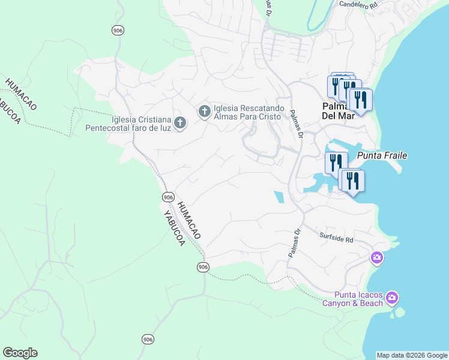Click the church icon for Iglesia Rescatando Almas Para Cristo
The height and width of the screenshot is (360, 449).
[204, 111]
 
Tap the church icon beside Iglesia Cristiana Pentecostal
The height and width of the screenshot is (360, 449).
[181, 123]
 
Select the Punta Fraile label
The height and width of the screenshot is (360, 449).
[382, 156]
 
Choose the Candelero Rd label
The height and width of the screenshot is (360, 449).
[359, 4]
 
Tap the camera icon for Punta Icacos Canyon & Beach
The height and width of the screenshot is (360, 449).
[392, 298]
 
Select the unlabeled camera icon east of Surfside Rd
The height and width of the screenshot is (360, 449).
[376, 258]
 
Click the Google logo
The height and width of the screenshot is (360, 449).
[20, 353]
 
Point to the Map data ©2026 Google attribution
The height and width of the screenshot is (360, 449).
[412, 355]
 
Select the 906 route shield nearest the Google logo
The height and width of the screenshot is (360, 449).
[148, 340]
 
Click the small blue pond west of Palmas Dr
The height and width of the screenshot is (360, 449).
[279, 197]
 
